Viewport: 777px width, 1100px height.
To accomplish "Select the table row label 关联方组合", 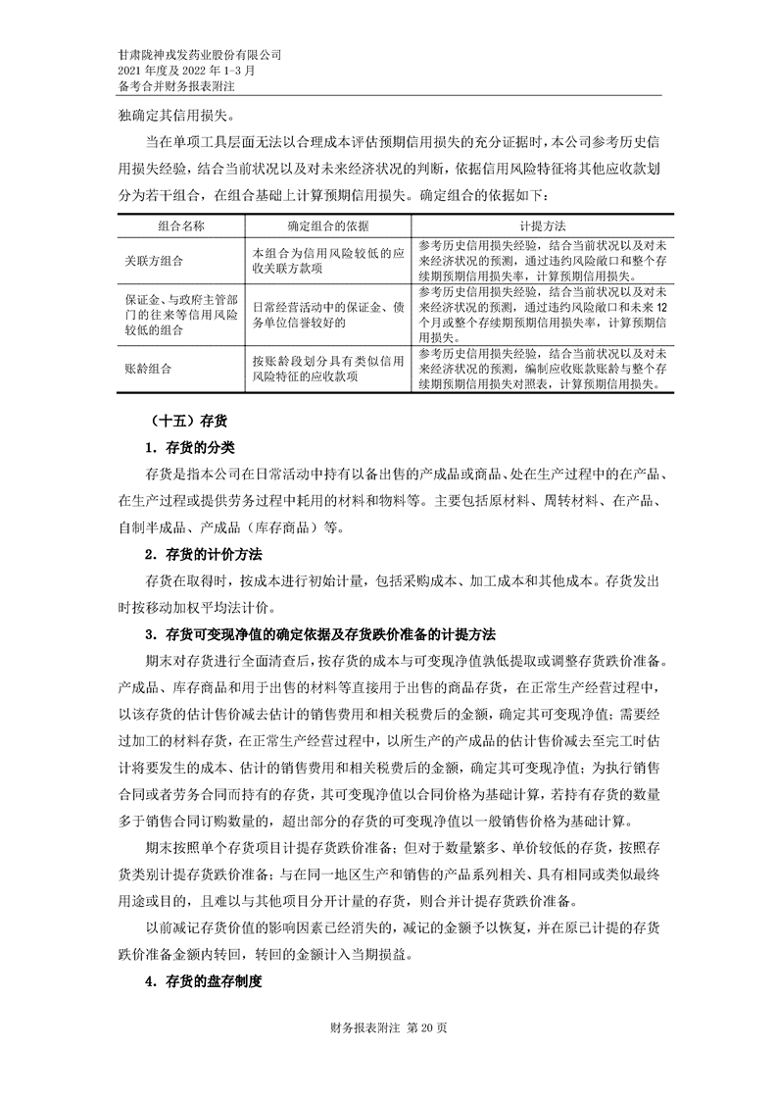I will point(155,262).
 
